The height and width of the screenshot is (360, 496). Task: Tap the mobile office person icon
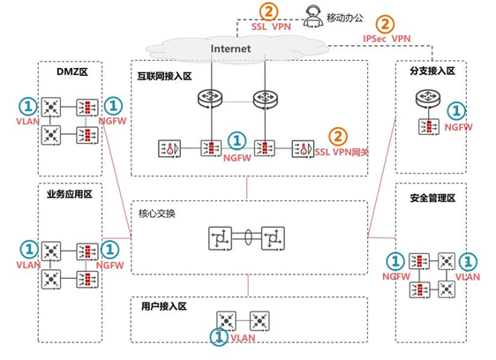tap(311, 14)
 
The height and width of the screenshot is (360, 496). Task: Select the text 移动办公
tap(343, 16)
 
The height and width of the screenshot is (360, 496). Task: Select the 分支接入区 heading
tap(432, 71)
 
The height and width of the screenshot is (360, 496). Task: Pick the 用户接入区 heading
tap(164, 306)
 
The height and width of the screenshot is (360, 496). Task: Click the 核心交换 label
tap(157, 214)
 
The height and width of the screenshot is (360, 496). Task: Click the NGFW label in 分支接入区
tap(457, 128)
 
